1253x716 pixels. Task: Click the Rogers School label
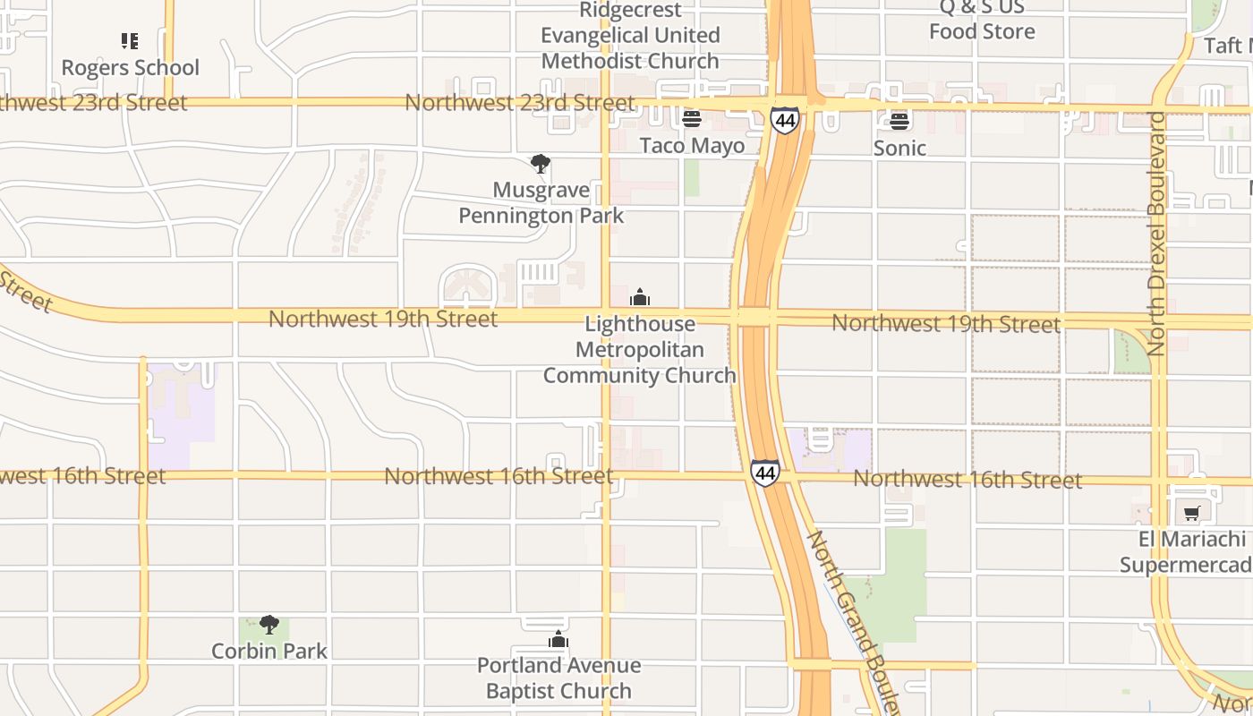coord(130,67)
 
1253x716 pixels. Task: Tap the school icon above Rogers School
coord(130,40)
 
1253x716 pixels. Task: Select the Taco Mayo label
coord(692,145)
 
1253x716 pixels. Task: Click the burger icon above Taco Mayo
coord(691,118)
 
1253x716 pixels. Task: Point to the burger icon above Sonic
coord(899,121)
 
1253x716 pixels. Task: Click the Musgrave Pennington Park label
coord(541,203)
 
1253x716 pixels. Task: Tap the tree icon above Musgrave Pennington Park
coord(540,164)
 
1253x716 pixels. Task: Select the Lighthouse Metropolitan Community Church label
coord(639,349)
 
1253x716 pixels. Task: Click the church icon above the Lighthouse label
coord(640,297)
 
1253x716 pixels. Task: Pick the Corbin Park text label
coord(269,651)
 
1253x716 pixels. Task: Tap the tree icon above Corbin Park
coord(269,624)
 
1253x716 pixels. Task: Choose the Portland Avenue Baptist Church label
coord(558,678)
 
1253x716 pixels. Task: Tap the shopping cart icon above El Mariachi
coord(1191,514)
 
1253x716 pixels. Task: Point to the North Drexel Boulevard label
coord(1156,233)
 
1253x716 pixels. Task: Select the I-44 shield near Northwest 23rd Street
coord(784,119)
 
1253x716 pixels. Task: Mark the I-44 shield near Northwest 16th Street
coord(764,473)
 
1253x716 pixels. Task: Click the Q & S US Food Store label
coord(982,20)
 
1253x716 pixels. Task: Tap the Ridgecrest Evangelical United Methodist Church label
coord(630,36)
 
